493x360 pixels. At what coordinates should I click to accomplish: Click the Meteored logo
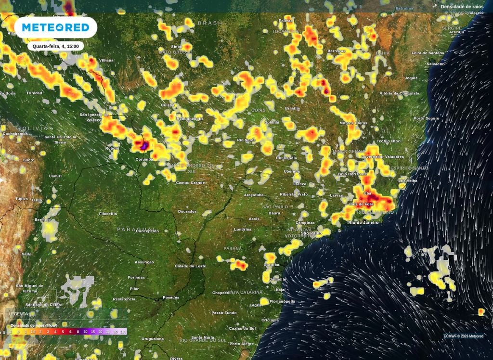coord(55,27)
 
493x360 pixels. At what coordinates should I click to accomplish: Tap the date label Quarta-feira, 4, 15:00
coord(56,46)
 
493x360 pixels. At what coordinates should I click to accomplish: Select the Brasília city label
coord(292,109)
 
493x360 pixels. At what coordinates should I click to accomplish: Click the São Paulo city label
coord(312,233)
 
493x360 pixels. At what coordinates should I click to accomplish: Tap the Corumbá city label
coord(144,159)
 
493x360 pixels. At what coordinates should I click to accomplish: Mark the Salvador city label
coord(435,64)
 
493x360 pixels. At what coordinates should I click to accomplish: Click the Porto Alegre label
coord(241,344)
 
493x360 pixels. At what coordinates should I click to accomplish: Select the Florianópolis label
coord(281,301)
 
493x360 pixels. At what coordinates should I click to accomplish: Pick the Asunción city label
coord(144,262)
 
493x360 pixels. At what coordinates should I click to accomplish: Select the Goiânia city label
coord(272,122)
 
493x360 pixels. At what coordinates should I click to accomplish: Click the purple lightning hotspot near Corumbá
coord(143,144)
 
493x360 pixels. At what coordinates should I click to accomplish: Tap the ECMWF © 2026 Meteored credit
coord(463,336)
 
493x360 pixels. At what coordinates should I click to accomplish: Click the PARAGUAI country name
coord(134,230)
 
